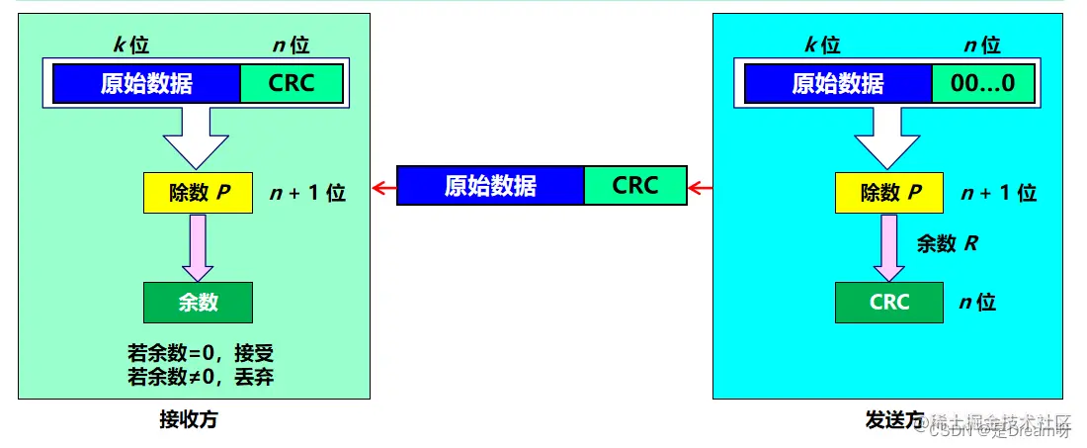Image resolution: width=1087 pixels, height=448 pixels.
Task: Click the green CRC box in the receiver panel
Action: pos(292,83)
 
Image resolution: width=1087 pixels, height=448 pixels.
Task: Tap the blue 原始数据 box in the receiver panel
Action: pos(146,83)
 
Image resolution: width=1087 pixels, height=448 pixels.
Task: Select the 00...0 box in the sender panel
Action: pos(982,83)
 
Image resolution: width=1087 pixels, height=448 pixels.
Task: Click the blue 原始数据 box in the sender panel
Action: pos(838,83)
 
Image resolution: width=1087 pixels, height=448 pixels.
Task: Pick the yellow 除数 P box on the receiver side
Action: pos(199,193)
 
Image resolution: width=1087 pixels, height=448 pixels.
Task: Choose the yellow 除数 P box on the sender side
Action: pos(889,193)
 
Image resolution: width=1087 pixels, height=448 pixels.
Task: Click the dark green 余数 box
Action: pos(198,303)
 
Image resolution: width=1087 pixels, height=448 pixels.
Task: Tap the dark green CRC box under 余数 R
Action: pos(889,303)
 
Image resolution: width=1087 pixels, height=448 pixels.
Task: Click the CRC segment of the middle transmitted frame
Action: pos(634,186)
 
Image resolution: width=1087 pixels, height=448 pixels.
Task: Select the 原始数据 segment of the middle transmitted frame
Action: pos(490,186)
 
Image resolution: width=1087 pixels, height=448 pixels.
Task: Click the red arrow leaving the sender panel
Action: pos(700,187)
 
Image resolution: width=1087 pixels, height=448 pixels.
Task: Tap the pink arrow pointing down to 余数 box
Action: pos(198,247)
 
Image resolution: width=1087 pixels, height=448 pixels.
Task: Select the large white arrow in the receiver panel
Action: pos(197,135)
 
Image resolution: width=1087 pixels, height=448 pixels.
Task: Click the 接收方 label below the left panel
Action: pos(188,419)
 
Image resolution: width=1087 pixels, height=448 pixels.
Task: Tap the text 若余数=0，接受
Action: pos(201,354)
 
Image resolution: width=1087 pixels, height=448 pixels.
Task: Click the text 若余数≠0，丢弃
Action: pos(201,377)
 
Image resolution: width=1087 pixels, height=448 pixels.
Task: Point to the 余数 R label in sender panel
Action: pos(948,243)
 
